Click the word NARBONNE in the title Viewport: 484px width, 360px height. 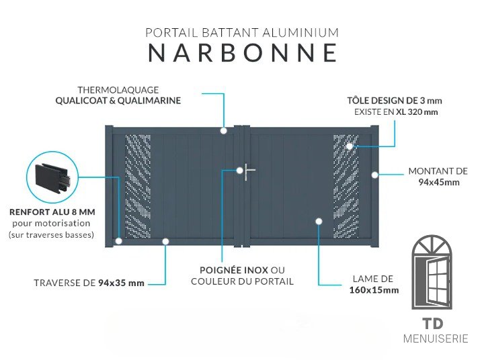(243, 53)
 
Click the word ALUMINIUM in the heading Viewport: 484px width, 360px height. (300, 33)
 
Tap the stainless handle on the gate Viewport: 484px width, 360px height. (249, 172)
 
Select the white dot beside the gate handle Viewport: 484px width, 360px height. (239, 171)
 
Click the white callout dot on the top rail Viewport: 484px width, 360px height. (223, 131)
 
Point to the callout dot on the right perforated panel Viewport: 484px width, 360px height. (350, 146)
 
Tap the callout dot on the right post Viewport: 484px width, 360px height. (374, 175)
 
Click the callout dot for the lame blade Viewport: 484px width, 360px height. (319, 221)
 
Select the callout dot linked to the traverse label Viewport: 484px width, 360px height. (165, 241)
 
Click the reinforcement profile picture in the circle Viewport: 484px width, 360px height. (52, 178)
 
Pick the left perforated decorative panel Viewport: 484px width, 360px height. (138, 186)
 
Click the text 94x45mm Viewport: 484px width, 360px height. (438, 182)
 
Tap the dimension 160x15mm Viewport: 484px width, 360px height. (374, 290)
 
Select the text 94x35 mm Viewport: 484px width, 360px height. (121, 283)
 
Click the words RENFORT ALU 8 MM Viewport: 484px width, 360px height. (52, 212)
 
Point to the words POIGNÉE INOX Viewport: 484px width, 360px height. (234, 270)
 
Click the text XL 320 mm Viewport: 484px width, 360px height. (417, 111)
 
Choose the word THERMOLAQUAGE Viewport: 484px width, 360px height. (118, 90)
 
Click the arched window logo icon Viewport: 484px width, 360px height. (432, 273)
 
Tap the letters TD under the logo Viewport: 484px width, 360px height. (432, 324)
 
